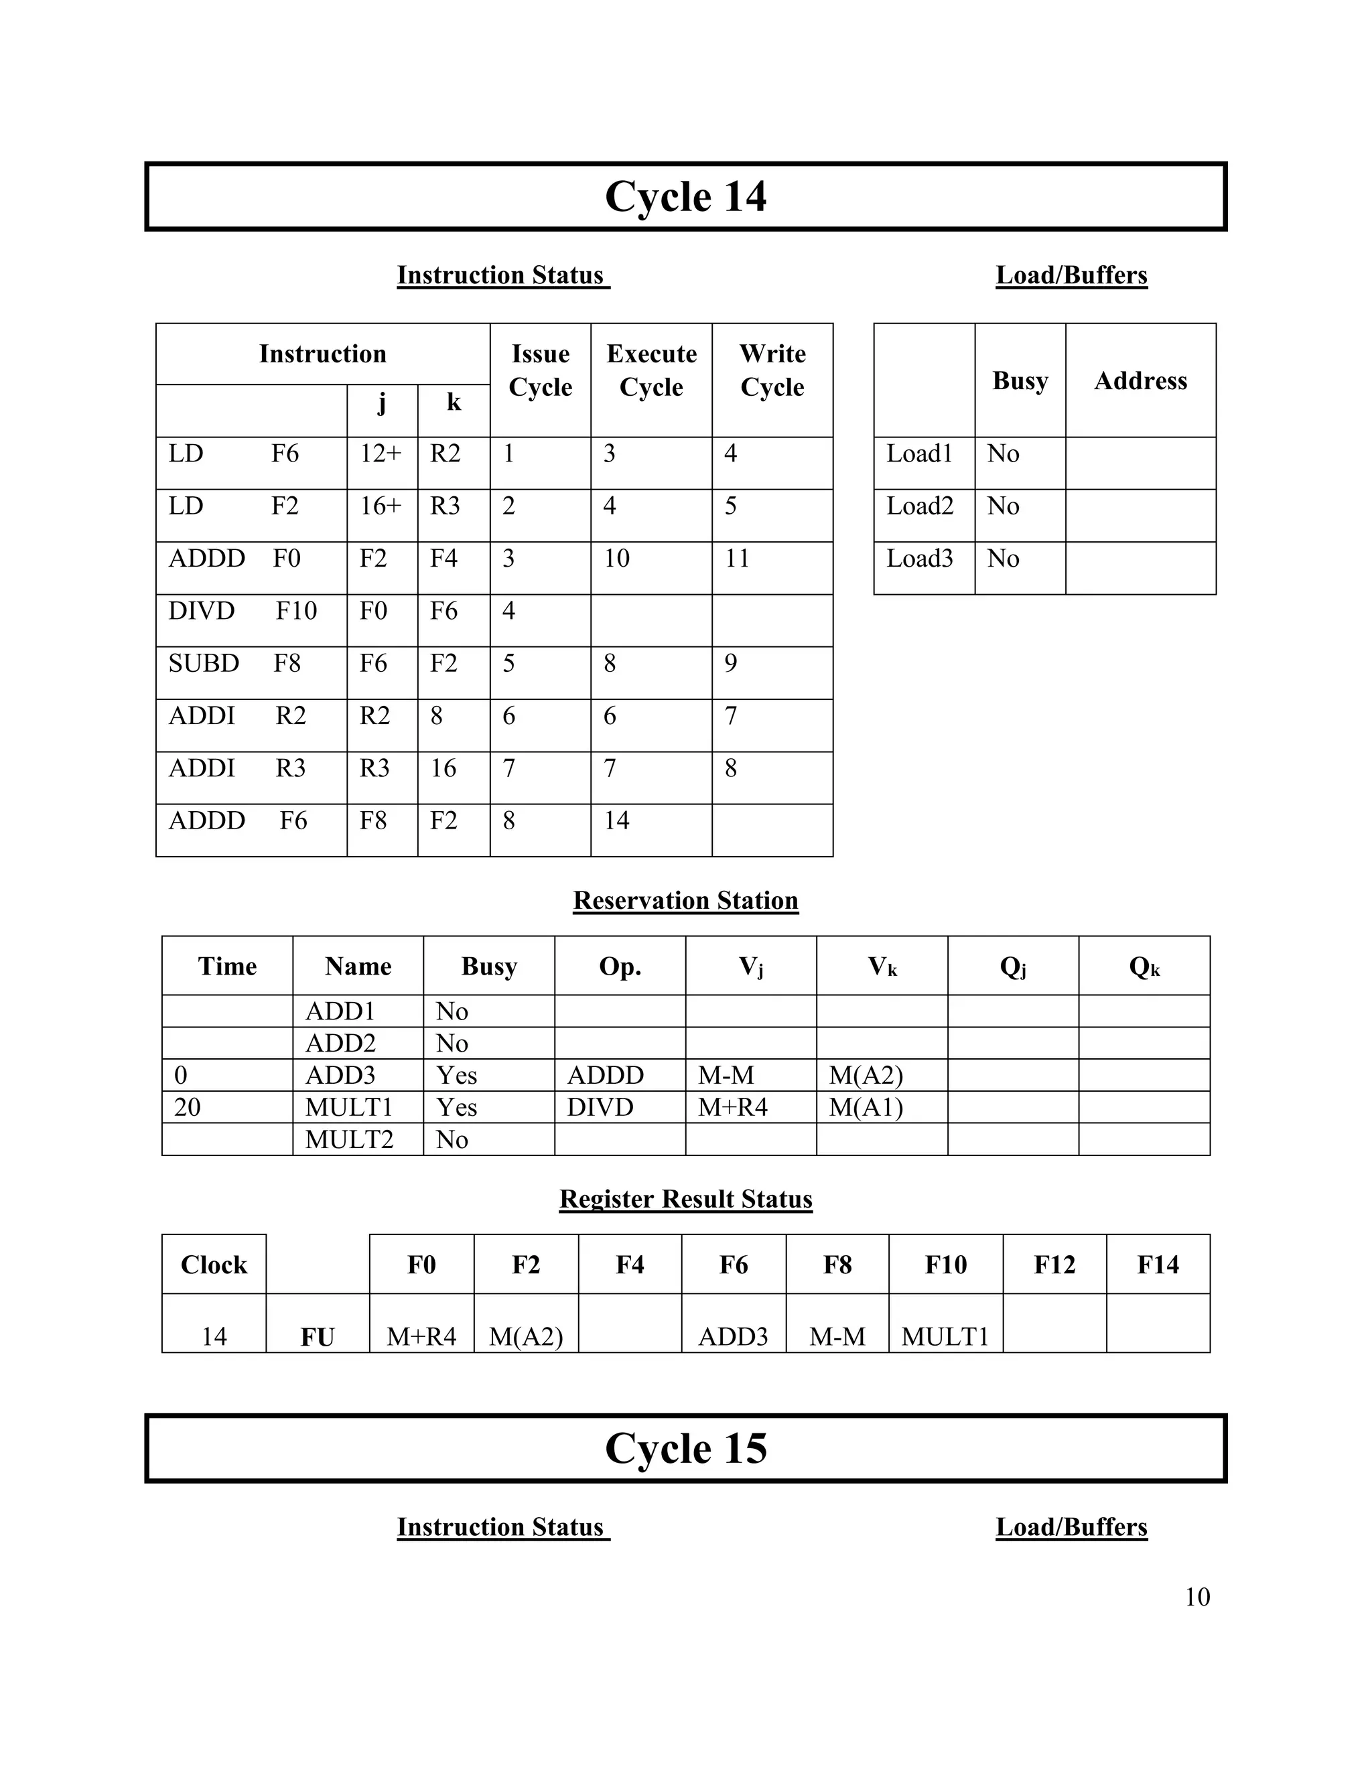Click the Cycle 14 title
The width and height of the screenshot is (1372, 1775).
click(685, 197)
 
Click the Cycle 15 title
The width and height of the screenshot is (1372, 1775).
click(685, 1448)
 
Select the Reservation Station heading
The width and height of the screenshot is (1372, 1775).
click(685, 900)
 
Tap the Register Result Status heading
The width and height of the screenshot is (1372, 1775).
click(685, 1199)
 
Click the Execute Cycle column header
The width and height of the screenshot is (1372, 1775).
click(651, 370)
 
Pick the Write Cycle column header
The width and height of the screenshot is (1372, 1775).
click(772, 370)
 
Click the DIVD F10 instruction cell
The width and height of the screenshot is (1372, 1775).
click(243, 611)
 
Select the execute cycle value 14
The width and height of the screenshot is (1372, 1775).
click(616, 821)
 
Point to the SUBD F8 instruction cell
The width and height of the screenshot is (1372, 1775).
click(234, 664)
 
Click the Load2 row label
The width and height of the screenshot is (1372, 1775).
click(919, 506)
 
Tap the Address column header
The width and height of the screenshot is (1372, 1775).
click(1140, 381)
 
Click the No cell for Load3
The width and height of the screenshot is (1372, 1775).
click(1003, 559)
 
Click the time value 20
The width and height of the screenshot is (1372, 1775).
click(188, 1108)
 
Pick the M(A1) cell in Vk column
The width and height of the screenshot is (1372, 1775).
click(866, 1108)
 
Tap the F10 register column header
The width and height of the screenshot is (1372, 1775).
click(945, 1265)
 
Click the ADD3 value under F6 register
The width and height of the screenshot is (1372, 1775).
click(732, 1337)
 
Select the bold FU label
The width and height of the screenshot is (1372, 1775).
click(317, 1338)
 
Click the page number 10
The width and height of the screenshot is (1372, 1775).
click(1196, 1597)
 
